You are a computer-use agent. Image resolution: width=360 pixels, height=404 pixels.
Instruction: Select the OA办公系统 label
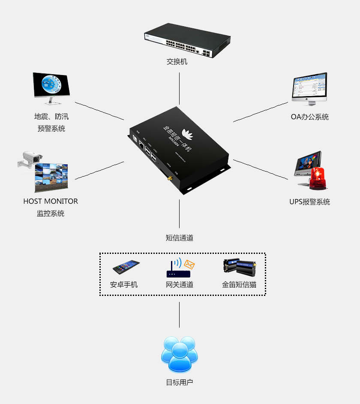[310, 117]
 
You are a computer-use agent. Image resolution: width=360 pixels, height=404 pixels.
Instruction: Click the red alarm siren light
[318, 178]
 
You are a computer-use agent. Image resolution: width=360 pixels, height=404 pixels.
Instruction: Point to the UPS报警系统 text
[309, 202]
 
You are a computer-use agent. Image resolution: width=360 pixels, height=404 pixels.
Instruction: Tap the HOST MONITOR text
[51, 201]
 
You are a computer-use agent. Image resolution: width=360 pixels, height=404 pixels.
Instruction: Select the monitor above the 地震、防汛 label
[51, 86]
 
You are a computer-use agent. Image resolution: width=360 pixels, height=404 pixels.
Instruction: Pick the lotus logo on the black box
[187, 133]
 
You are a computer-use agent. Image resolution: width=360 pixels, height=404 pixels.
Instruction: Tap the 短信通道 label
[180, 238]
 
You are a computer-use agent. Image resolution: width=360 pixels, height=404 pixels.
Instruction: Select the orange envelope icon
[189, 265]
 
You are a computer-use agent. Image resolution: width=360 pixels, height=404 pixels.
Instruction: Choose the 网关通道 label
[180, 284]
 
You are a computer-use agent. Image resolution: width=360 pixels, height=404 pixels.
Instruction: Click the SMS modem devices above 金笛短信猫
[239, 267]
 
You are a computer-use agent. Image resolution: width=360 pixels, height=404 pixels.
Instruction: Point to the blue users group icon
[180, 354]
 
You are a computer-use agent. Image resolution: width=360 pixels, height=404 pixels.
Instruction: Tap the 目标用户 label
[180, 382]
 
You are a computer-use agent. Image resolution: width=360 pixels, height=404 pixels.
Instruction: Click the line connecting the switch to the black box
[179, 88]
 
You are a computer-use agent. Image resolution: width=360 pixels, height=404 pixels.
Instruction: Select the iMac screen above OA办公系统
[309, 87]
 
